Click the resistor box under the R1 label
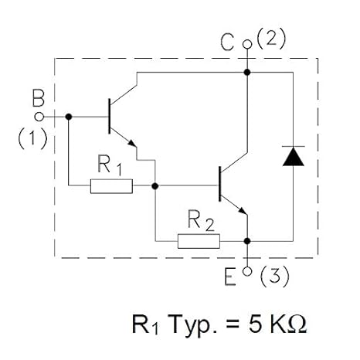[111, 185]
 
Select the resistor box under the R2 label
[199, 240]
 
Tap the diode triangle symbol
[293, 156]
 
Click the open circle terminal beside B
[44, 117]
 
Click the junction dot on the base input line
[69, 117]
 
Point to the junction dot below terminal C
[247, 72]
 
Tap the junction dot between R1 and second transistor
[155, 185]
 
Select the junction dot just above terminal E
[247, 239]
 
